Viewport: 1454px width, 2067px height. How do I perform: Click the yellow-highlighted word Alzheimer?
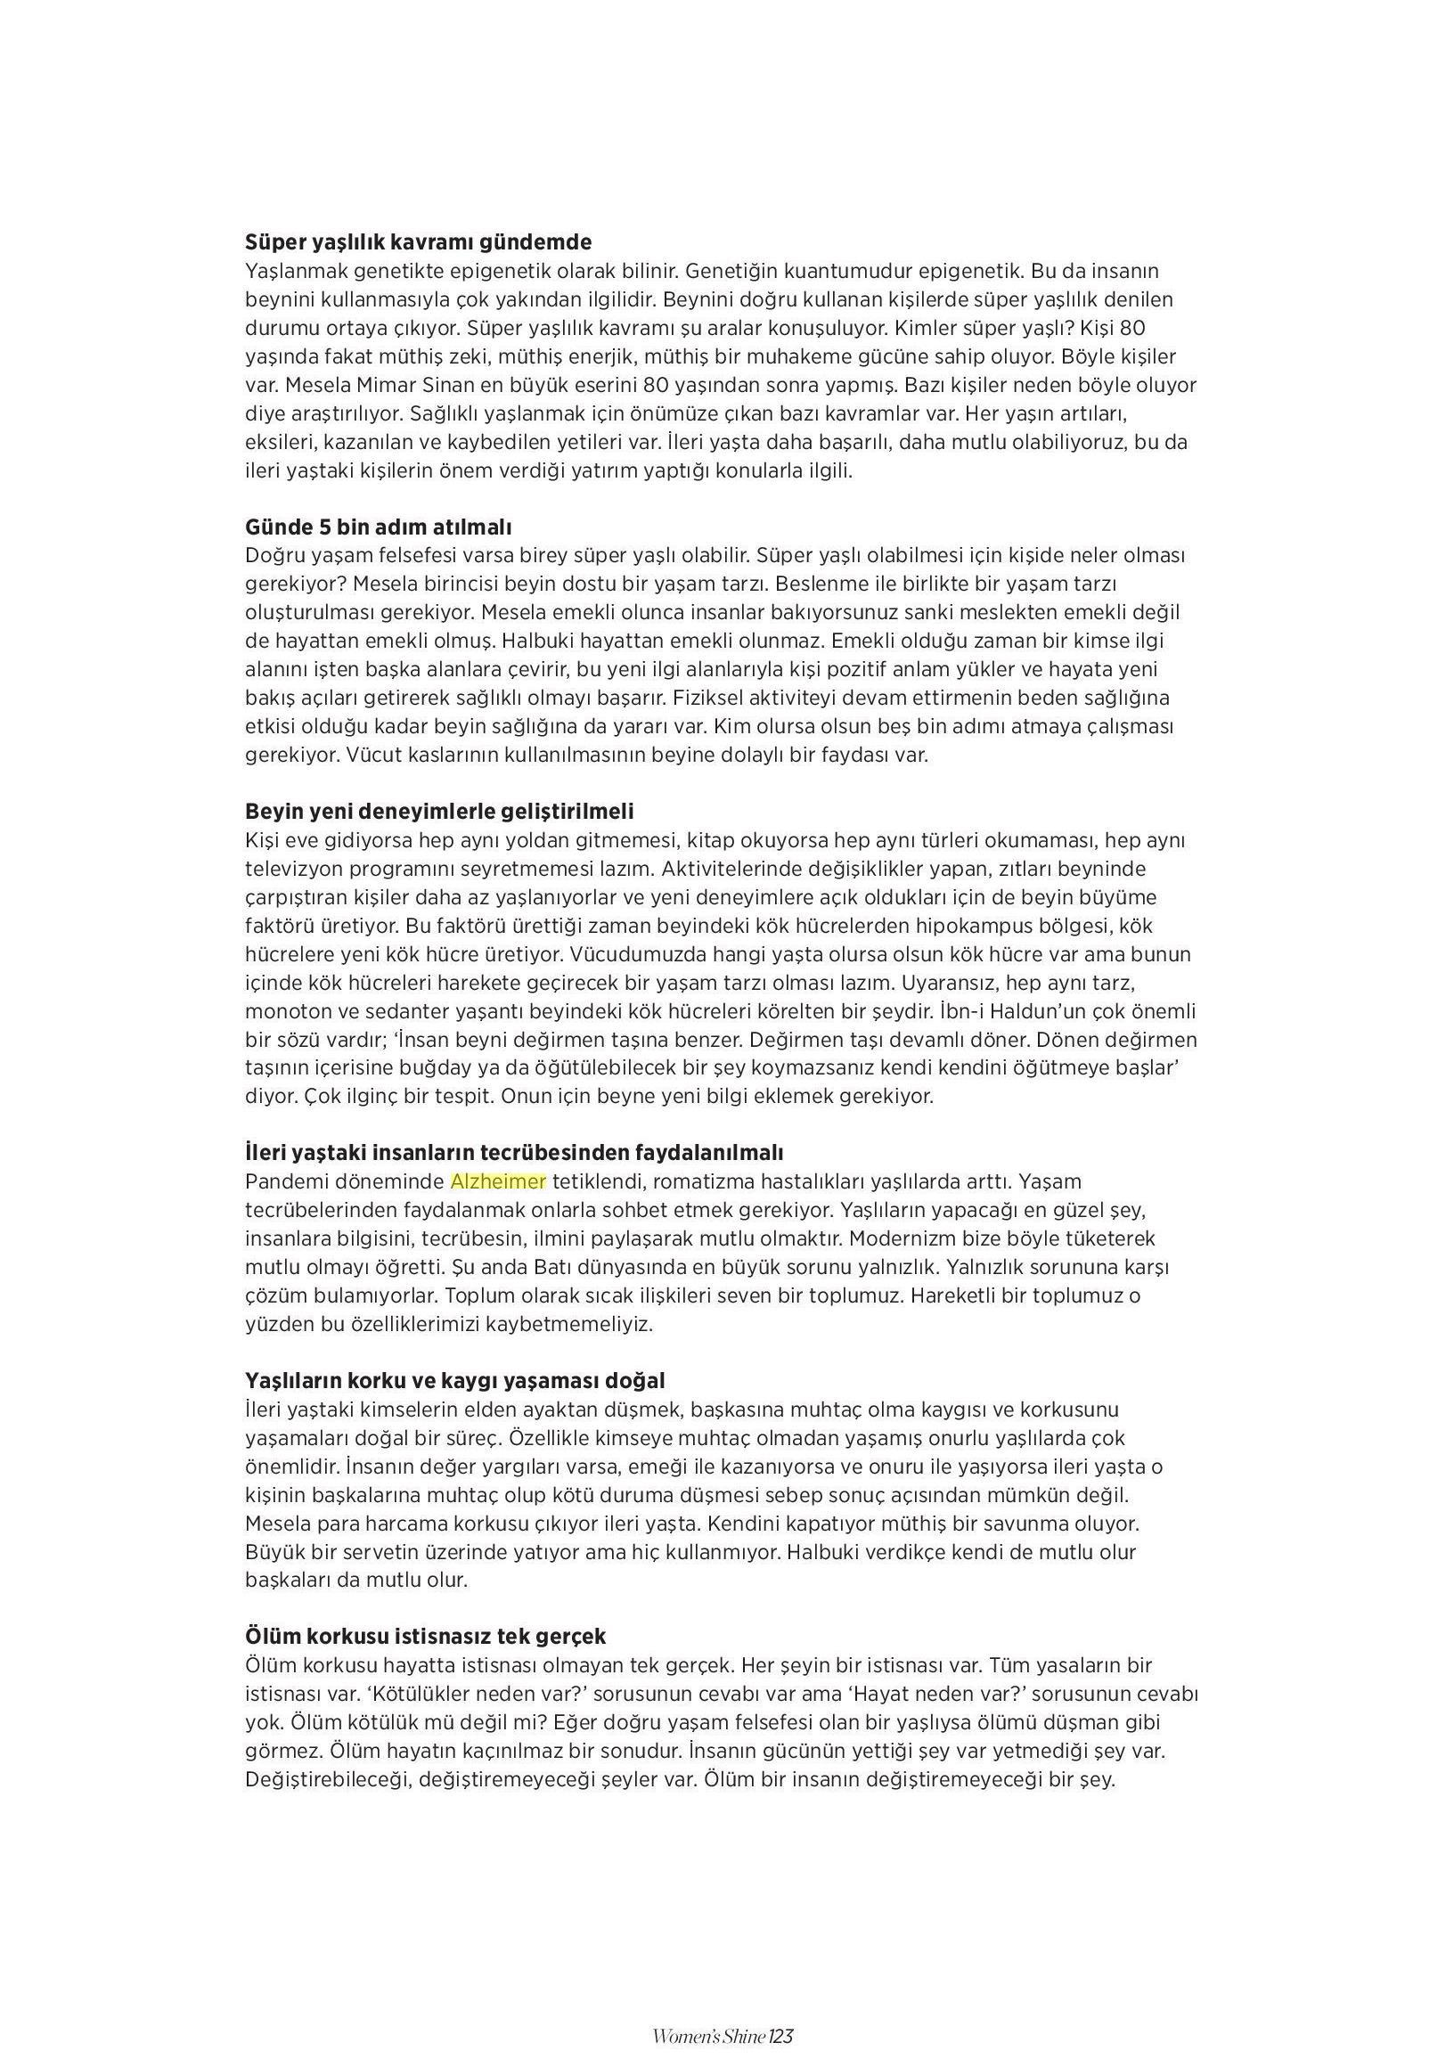[498, 1181]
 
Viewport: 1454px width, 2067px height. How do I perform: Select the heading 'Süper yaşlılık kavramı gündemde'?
[418, 242]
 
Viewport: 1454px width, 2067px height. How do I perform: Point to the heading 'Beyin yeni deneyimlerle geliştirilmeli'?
[439, 810]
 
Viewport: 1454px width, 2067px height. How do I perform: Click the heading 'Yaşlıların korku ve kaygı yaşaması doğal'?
[454, 1380]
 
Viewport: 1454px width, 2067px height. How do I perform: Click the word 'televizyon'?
[292, 868]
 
